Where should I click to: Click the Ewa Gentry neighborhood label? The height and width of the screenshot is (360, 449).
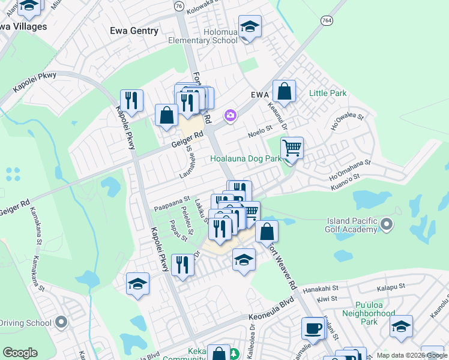click(x=134, y=31)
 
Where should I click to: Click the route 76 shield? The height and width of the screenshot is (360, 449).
click(x=179, y=5)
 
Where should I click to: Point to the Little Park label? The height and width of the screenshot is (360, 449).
click(x=328, y=94)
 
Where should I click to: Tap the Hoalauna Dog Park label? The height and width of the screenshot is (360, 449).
click(x=246, y=159)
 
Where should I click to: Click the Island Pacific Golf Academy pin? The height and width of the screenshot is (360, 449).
click(x=387, y=225)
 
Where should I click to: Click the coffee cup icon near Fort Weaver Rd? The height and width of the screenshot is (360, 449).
click(x=312, y=328)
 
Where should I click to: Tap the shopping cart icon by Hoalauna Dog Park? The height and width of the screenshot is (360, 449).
click(x=292, y=147)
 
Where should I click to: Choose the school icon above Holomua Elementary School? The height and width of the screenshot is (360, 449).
click(x=250, y=26)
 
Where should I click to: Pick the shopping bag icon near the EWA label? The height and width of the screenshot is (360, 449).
click(x=285, y=91)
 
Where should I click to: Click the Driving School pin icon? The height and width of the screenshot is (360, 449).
click(x=61, y=323)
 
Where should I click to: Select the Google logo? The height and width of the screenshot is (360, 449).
click(x=20, y=353)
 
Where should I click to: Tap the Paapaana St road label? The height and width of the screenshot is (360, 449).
click(x=172, y=202)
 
